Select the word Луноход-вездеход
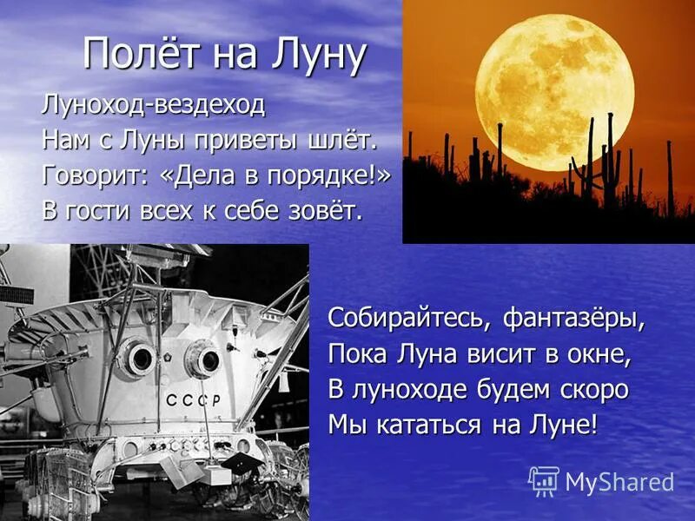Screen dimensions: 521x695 coord(153,105)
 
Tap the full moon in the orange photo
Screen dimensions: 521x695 coord(553,92)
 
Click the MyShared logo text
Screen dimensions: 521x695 coord(619,482)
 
